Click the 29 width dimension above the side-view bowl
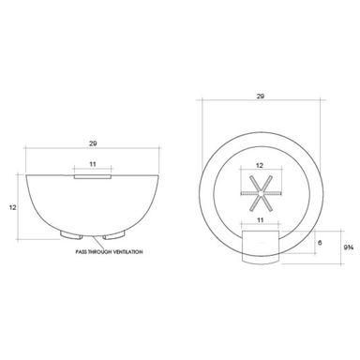click(93, 143)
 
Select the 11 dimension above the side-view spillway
click(93, 164)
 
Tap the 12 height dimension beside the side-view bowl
click(12, 207)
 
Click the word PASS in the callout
click(81, 252)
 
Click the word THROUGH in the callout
click(98, 252)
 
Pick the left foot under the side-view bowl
click(71, 235)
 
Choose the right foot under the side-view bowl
click(114, 235)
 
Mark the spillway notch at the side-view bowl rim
click(93, 177)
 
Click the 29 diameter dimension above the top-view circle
click(261, 97)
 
